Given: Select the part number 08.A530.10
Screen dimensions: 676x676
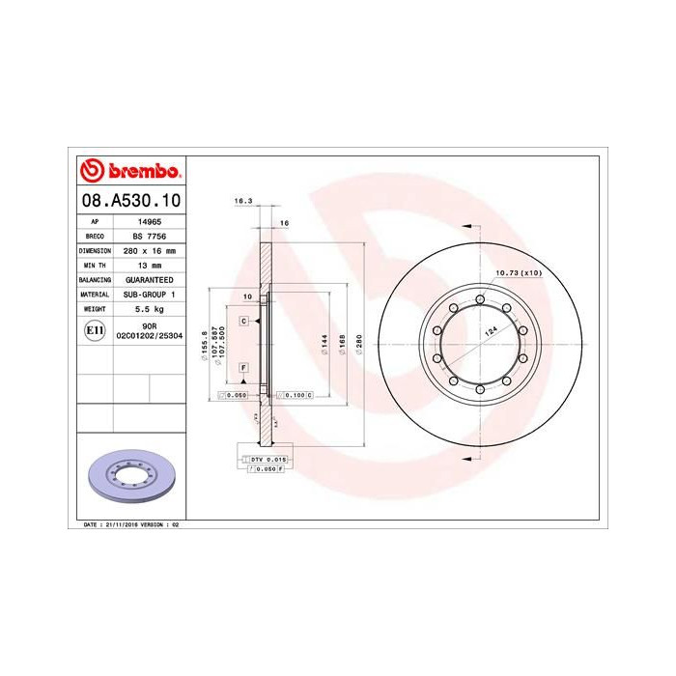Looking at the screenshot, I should coord(130,201).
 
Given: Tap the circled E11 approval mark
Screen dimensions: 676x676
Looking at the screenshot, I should coord(95,330).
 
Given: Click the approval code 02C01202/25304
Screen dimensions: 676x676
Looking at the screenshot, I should coord(149,334).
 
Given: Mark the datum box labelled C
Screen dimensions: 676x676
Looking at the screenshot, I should coord(244,320).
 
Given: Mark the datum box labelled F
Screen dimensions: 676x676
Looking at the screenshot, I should coord(244,368).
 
